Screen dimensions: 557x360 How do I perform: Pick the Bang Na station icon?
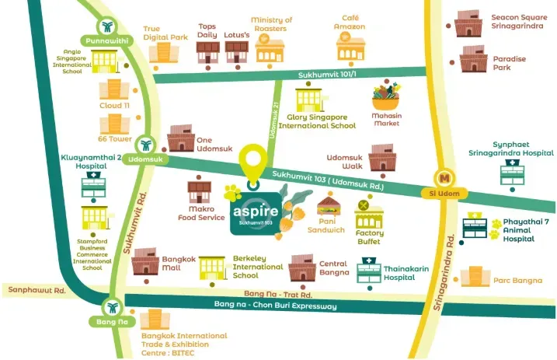(x=112, y=307)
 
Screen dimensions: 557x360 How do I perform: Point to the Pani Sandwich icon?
(x=329, y=208)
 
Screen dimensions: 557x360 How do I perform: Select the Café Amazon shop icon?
(x=350, y=48)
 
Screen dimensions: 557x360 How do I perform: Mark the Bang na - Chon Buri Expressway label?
(x=276, y=306)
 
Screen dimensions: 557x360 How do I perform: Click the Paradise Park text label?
(x=509, y=63)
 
